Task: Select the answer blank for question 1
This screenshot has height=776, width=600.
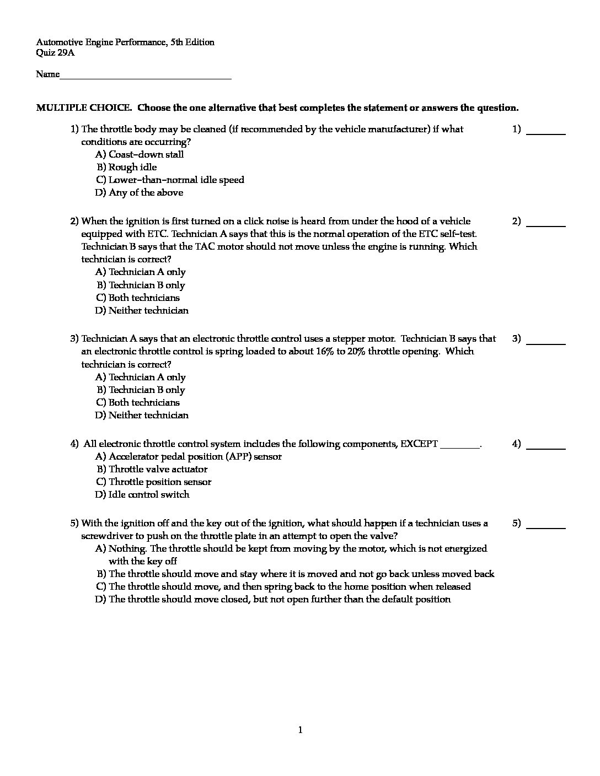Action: coord(546,132)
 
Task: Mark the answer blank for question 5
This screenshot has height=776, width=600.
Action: coord(546,526)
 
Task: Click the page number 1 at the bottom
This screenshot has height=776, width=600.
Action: coord(300,730)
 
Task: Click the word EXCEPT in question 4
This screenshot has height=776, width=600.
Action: coord(419,444)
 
